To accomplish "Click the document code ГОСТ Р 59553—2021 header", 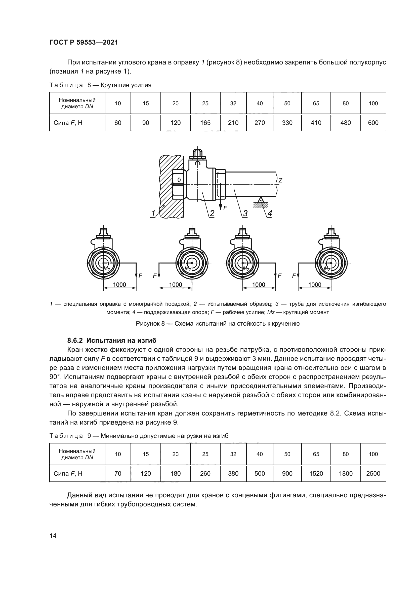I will [84, 42].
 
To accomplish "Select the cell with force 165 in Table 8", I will [205, 123].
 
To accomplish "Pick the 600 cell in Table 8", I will [373, 123].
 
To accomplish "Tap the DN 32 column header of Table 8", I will [233, 103].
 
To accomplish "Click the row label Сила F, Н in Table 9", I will [68, 473].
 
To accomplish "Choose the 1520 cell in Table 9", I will [316, 473].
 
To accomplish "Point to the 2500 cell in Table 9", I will [373, 473].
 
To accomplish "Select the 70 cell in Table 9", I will [118, 473].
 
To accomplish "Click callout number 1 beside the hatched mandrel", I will [153, 213].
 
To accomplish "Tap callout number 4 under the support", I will [269, 213].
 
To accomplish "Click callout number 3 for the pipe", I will [245, 213].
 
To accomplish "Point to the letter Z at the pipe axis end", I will [280, 180].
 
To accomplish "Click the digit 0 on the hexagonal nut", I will [179, 180].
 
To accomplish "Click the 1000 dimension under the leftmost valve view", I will [119, 285].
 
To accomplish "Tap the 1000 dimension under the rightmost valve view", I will [315, 285].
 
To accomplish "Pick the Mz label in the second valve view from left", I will [188, 268].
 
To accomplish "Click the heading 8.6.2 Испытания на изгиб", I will [112, 340].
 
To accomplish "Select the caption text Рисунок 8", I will [150, 324].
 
